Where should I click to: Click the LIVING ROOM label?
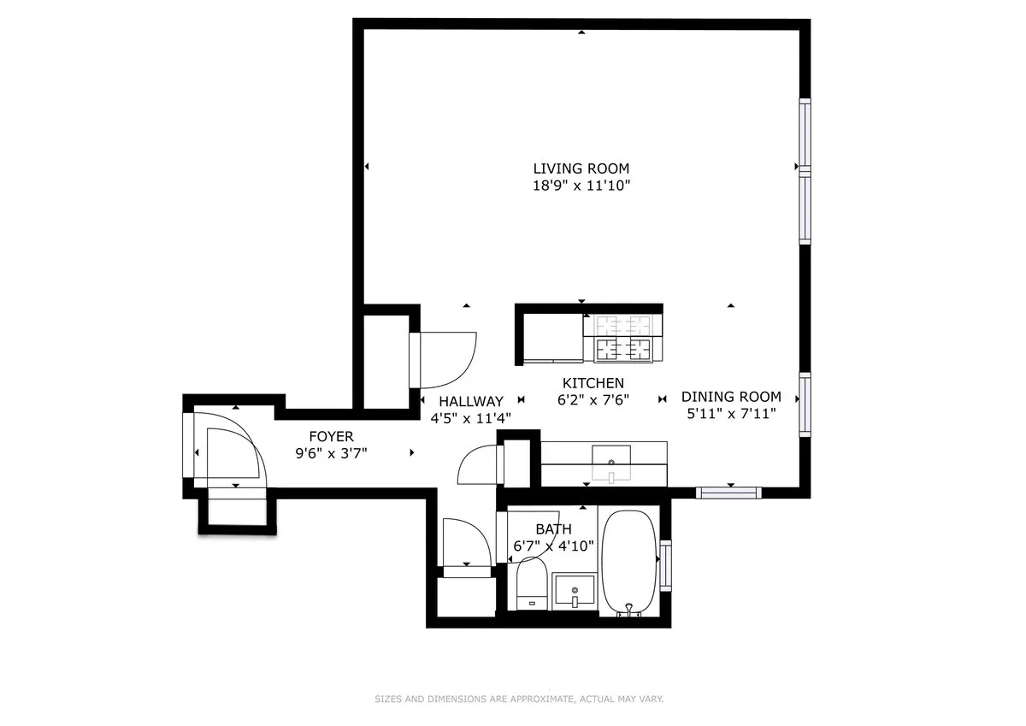581,168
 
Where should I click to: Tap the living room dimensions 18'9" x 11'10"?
581,185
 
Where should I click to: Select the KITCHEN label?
593,383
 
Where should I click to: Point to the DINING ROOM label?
731,397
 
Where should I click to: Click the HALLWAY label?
471,401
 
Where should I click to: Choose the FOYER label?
331,437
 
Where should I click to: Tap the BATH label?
553,529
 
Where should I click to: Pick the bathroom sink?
575,590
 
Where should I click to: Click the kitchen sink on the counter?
611,462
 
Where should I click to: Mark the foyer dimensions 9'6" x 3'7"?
331,453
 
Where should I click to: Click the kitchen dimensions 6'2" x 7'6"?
593,399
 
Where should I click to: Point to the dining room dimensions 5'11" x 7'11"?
731,413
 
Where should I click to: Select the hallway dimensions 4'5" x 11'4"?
471,417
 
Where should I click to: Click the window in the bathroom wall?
665,565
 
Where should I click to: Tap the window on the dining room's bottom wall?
728,493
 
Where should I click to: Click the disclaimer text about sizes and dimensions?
519,699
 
